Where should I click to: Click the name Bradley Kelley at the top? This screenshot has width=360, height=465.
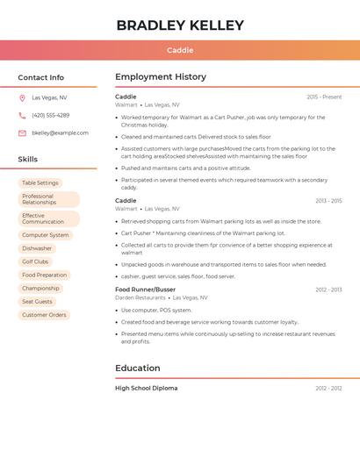pyautogui.click(x=180, y=25)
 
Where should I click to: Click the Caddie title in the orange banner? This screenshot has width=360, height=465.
pyautogui.click(x=180, y=50)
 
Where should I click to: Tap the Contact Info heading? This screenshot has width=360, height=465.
pyautogui.click(x=41, y=77)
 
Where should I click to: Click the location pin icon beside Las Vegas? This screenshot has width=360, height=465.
pyautogui.click(x=22, y=98)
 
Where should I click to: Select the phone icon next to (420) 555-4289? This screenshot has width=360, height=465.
pyautogui.click(x=22, y=116)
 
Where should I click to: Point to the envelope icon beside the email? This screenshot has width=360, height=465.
pyautogui.click(x=22, y=133)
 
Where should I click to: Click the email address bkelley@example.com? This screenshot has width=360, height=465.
pyautogui.click(x=60, y=133)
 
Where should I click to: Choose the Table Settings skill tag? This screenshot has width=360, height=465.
pyautogui.click(x=40, y=183)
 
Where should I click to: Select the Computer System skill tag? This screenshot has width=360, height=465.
pyautogui.click(x=46, y=235)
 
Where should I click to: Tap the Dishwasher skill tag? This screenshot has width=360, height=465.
pyautogui.click(x=37, y=248)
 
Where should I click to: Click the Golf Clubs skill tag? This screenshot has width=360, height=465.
pyautogui.click(x=35, y=261)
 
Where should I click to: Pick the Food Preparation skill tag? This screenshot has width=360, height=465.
pyautogui.click(x=45, y=275)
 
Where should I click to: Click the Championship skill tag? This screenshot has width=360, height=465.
pyautogui.click(x=40, y=288)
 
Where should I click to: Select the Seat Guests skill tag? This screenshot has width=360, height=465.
pyautogui.click(x=38, y=302)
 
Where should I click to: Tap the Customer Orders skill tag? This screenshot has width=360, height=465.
pyautogui.click(x=44, y=315)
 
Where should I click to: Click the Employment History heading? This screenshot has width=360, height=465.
pyautogui.click(x=161, y=77)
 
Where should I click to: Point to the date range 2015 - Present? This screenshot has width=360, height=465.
pyautogui.click(x=324, y=97)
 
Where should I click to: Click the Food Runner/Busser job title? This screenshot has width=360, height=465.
pyautogui.click(x=145, y=290)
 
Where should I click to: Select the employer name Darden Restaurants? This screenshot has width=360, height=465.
pyautogui.click(x=140, y=298)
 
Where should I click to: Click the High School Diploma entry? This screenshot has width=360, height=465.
pyautogui.click(x=146, y=388)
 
